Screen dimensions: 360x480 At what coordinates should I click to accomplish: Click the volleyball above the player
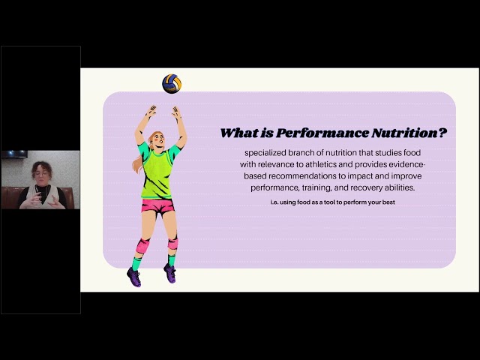(172, 83)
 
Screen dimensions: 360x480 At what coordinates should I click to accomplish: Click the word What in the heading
(239, 133)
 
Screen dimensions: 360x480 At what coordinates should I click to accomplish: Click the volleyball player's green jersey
(159, 172)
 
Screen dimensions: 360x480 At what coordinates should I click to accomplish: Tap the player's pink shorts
(157, 205)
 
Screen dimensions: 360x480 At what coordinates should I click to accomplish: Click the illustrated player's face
(160, 139)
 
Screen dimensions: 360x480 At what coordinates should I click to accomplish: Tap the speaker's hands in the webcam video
(40, 196)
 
